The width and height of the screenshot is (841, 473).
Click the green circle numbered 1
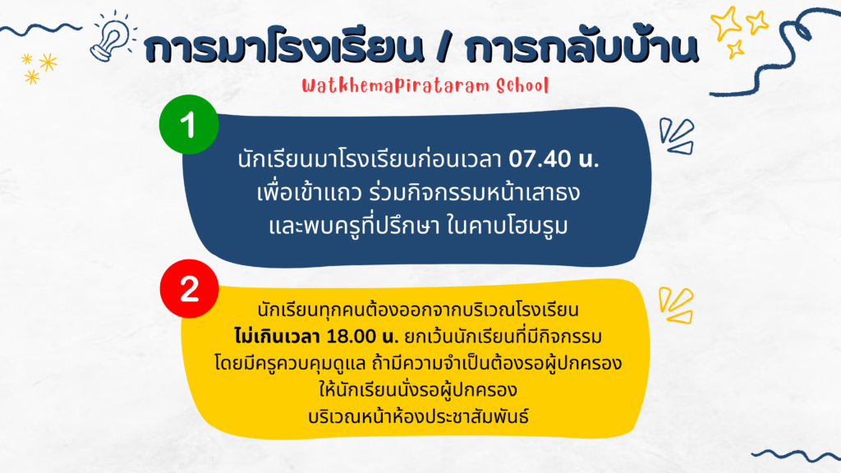pos(189,125)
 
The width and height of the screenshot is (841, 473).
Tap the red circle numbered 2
pos(190,288)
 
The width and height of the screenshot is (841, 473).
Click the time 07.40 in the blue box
pos(540,158)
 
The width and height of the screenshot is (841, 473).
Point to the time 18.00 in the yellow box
pos(351,336)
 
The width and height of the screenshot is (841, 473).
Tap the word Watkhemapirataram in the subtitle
pos(396,85)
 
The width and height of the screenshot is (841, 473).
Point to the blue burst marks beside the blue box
pos(677,136)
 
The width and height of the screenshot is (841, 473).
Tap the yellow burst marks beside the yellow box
pos(677,305)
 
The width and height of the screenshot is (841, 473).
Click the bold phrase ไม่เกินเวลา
pos(278,336)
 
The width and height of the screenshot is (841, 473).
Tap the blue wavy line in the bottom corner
pos(796,455)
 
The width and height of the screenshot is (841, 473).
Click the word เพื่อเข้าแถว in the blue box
pos(310,192)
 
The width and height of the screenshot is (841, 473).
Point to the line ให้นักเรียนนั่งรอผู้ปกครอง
pos(418,389)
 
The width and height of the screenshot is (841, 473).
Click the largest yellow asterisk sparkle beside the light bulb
pos(48,62)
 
